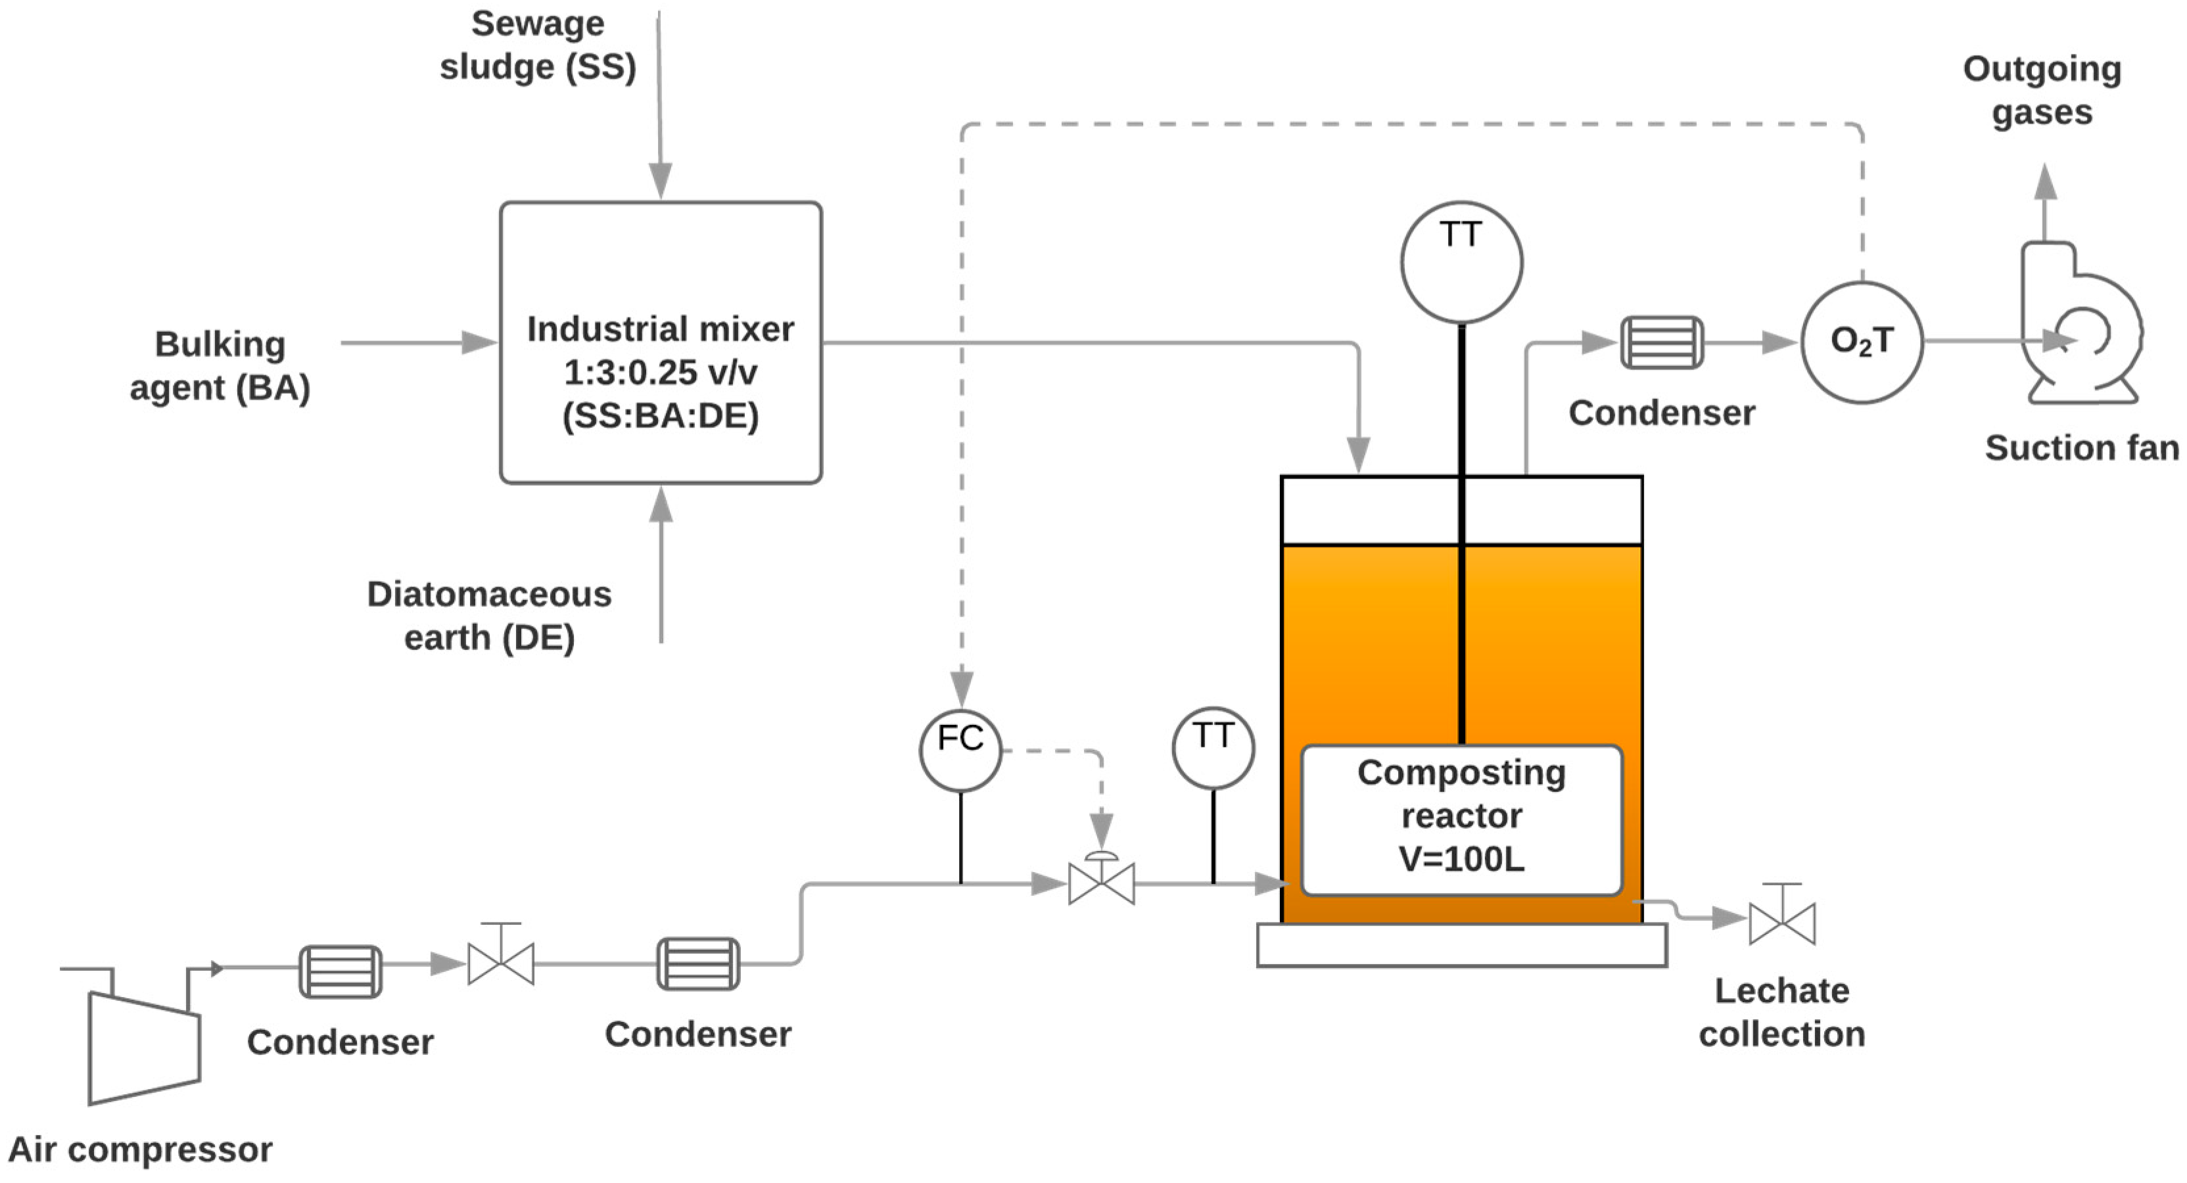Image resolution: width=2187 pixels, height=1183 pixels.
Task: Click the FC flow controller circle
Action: [960, 750]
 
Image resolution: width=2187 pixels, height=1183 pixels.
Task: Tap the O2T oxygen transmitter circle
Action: [1861, 342]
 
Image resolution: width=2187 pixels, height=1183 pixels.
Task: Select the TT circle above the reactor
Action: [1461, 262]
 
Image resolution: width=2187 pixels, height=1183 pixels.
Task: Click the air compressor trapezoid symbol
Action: [143, 1049]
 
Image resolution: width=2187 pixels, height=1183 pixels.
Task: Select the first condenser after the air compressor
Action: [340, 971]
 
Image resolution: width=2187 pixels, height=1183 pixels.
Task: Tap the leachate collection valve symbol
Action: [1782, 923]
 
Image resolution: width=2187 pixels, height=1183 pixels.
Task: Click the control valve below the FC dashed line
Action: [1101, 883]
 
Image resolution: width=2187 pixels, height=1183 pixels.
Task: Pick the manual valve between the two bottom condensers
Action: [501, 964]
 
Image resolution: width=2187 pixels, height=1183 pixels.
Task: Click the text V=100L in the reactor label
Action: [1461, 860]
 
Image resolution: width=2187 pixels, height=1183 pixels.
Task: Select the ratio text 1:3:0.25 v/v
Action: [661, 372]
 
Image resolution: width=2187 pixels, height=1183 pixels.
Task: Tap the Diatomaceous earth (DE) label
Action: [489, 615]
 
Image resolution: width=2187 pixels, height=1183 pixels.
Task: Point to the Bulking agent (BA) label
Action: [221, 366]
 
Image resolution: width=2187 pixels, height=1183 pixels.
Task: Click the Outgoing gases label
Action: [2042, 90]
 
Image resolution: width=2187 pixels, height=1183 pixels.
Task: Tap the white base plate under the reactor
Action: [1461, 945]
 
